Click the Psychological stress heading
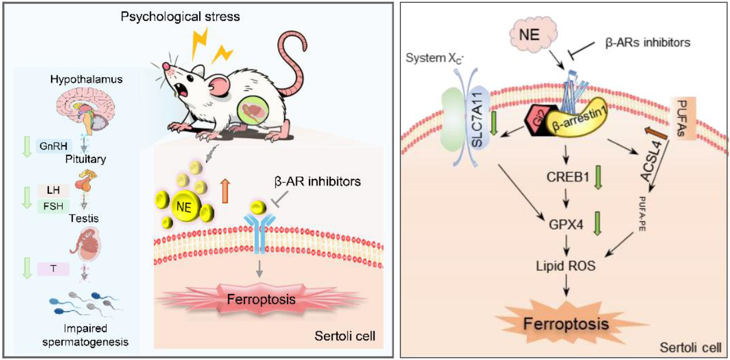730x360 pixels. tap(179, 16)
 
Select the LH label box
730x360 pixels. tap(53, 189)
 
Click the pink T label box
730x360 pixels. tap(53, 267)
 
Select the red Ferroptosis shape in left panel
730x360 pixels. tap(238, 300)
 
